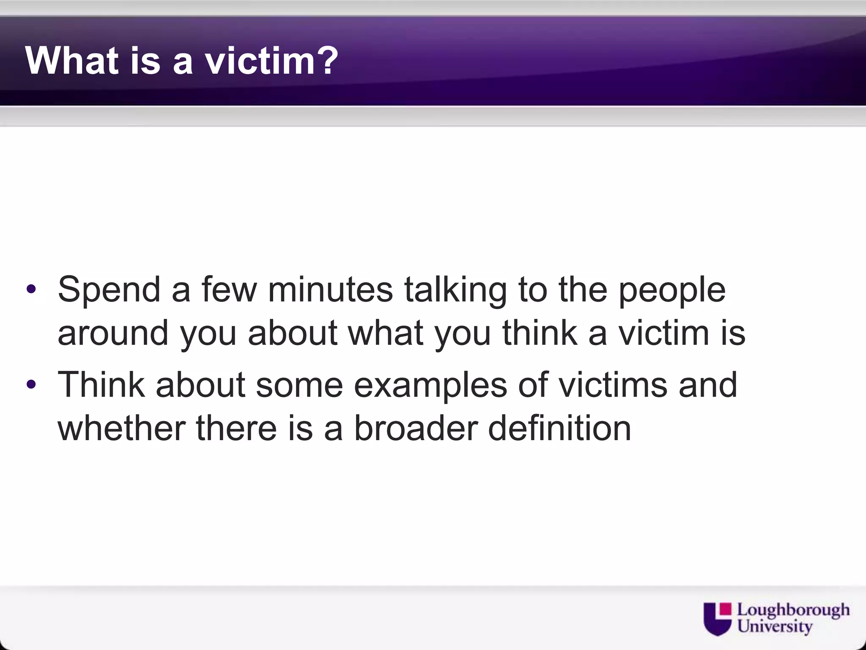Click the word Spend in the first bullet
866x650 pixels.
tap(109, 290)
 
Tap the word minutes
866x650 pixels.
tap(330, 290)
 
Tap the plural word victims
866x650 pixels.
tap(613, 385)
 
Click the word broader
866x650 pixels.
tap(416, 428)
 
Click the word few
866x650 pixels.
tap(229, 290)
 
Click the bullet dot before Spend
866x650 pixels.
tap(31, 290)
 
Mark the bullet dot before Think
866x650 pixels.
tap(31, 385)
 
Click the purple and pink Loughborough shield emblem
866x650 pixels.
tap(717, 619)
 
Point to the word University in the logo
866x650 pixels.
tap(775, 626)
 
